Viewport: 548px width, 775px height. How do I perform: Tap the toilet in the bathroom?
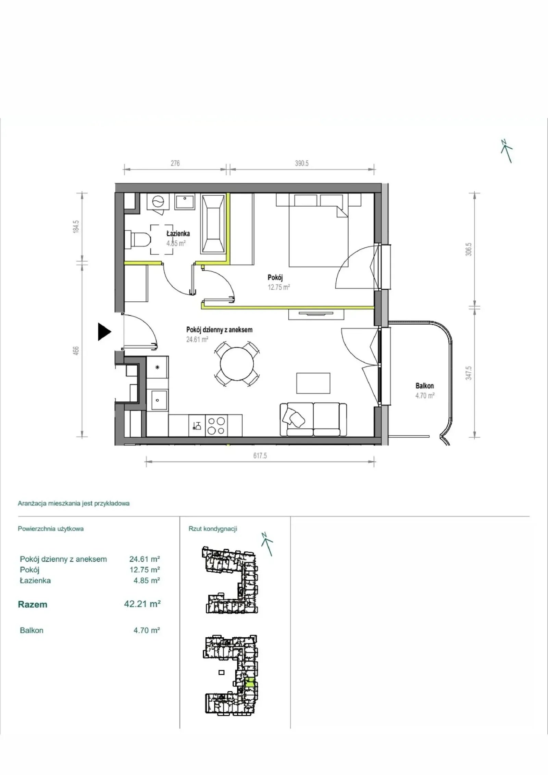pyautogui.click(x=138, y=239)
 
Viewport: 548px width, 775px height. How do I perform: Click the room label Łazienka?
pyautogui.click(x=178, y=234)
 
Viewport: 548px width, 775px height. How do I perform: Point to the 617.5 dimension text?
pyautogui.click(x=260, y=455)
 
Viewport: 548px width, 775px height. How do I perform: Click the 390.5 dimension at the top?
pyautogui.click(x=302, y=163)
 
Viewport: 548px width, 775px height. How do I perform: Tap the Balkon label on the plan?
pyautogui.click(x=425, y=386)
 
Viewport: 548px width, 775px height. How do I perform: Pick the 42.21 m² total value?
pyautogui.click(x=142, y=604)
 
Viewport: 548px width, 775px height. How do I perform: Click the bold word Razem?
pyautogui.click(x=33, y=604)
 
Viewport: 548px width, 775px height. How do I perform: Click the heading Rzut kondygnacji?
pyautogui.click(x=213, y=529)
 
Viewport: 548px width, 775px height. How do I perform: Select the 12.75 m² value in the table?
pyautogui.click(x=145, y=570)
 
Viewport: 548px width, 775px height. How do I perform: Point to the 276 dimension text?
pyautogui.click(x=175, y=163)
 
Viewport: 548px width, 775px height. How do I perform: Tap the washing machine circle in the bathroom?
pyautogui.click(x=158, y=201)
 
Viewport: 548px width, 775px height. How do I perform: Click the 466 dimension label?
pyautogui.click(x=76, y=350)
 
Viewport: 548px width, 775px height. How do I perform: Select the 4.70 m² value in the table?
pyautogui.click(x=147, y=630)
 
